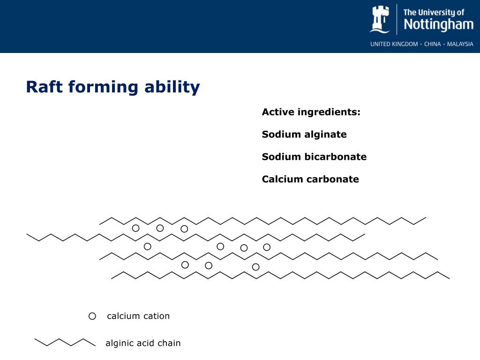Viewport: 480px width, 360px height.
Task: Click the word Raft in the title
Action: click(45, 87)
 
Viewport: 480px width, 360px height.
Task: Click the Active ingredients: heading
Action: click(311, 112)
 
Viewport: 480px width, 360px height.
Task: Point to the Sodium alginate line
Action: click(304, 135)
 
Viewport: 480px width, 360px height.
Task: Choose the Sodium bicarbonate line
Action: click(314, 157)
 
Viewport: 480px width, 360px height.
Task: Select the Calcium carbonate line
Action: click(310, 180)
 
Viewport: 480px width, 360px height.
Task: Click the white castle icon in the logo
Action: click(380, 19)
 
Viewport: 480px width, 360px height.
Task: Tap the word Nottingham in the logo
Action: click(438, 24)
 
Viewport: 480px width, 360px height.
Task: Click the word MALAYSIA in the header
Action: click(460, 44)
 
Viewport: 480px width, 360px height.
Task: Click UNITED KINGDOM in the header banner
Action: click(394, 44)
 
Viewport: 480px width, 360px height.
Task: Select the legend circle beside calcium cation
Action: click(92, 316)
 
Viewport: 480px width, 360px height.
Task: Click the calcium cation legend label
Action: click(138, 316)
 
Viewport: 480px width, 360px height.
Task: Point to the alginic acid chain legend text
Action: click(143, 343)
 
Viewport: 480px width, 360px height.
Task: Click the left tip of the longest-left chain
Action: click(27, 234)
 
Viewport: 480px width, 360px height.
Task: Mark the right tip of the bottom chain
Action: click(449, 278)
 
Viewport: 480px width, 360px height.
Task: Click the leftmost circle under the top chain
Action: click(136, 228)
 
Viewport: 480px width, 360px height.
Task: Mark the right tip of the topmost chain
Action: click(425, 217)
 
